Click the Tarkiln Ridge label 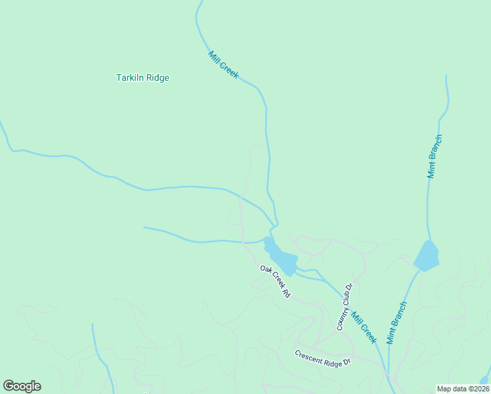point(142,78)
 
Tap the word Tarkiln point(129,78)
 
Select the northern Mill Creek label point(223,65)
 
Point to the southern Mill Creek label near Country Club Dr point(363,327)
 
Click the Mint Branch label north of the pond point(435,156)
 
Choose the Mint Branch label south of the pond point(396,322)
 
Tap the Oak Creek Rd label point(274,282)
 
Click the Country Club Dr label point(345,307)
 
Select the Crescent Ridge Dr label point(323,358)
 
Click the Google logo point(22,386)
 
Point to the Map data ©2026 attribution point(463,389)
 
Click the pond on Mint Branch point(427,255)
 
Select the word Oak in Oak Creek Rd point(265,269)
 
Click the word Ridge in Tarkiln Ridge point(158,78)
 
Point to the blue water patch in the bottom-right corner point(485,380)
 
